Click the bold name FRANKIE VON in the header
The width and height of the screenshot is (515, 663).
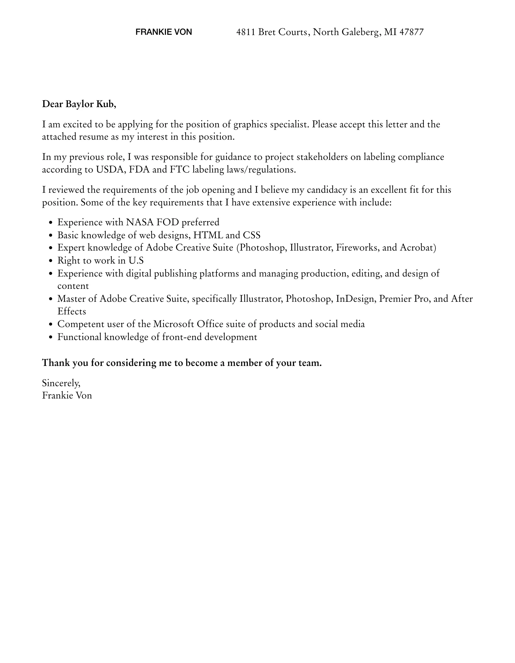click(x=163, y=32)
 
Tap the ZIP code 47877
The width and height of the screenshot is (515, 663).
click(x=411, y=32)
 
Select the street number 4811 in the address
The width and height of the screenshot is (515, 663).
click(x=246, y=32)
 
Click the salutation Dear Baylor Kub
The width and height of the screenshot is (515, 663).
click(x=79, y=104)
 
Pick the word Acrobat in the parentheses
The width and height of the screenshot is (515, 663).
click(x=417, y=247)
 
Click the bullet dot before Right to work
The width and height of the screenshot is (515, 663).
click(x=51, y=261)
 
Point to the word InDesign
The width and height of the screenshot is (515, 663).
click(x=356, y=299)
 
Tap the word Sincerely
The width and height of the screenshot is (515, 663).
click(x=61, y=383)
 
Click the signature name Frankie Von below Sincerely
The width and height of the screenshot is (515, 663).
click(x=67, y=396)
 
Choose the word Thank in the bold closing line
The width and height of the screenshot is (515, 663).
click(x=56, y=363)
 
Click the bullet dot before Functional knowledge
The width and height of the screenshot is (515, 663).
click(x=51, y=338)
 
